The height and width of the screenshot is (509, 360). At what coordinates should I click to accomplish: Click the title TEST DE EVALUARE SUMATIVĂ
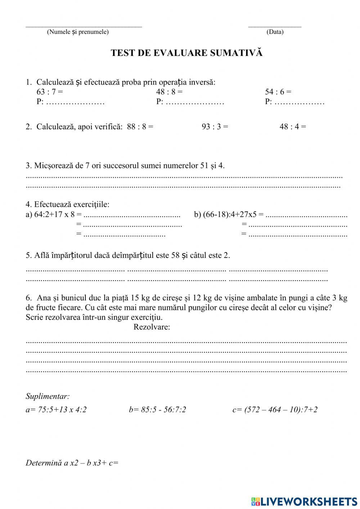pos(186,53)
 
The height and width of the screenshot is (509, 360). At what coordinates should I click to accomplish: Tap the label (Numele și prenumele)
pos(78,32)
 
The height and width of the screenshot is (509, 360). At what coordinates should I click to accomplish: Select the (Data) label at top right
pos(275,32)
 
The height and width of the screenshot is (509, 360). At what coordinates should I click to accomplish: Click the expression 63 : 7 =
pos(50,92)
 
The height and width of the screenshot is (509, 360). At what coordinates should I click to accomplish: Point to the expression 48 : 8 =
pos(169,92)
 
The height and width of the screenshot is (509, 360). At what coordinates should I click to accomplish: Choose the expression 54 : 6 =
pos(278,92)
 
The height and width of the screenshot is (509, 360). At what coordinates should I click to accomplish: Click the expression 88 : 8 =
pos(140,127)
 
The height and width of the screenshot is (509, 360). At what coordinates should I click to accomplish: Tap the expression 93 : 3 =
pos(215,127)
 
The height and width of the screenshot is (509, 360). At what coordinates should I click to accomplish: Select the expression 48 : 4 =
pos(293,127)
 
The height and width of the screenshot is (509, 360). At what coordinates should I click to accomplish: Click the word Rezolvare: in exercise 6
pos(152,327)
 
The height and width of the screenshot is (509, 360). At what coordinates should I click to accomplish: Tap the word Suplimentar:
pos(48,397)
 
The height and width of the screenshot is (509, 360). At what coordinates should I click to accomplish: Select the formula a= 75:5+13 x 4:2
pos(56,410)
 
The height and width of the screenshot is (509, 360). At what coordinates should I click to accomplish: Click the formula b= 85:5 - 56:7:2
pos(157,410)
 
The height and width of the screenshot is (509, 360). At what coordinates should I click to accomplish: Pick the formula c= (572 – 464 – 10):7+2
pos(275,410)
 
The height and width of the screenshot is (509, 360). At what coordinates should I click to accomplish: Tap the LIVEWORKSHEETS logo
pos(304,501)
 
